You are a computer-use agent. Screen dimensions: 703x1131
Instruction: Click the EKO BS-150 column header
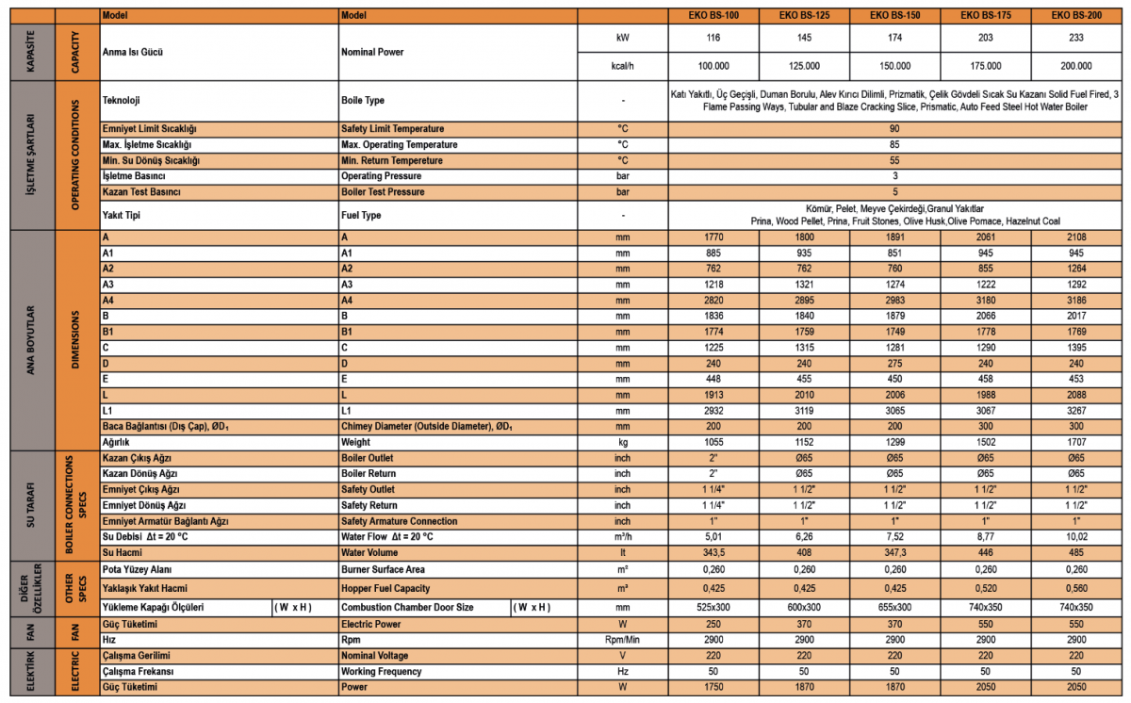[895, 16]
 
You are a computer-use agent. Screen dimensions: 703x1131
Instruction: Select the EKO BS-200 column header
[1077, 16]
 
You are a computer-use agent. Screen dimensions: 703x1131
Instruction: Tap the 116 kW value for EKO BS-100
[713, 38]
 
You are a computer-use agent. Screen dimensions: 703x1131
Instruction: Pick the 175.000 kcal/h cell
[986, 66]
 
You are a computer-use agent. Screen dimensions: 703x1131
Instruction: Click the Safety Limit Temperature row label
[392, 128]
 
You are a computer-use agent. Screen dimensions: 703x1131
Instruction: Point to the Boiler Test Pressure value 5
[894, 191]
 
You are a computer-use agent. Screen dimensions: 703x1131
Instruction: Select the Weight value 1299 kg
[895, 441]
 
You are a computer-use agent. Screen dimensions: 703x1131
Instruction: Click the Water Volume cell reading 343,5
[713, 552]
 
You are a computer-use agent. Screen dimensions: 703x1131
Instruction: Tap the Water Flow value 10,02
[1077, 536]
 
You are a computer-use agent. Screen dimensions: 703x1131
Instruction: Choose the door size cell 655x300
[895, 607]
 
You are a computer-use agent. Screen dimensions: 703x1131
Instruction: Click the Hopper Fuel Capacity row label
[386, 588]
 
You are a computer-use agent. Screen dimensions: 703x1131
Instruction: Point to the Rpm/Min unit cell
[622, 639]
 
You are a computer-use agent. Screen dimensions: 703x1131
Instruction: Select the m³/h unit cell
[622, 536]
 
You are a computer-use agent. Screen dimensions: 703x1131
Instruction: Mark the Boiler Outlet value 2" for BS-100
[713, 457]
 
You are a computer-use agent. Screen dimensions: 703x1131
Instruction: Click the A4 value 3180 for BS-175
[986, 300]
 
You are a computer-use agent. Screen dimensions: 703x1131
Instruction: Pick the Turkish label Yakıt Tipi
[123, 215]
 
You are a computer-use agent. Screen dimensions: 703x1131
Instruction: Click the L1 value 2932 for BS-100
[713, 410]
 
